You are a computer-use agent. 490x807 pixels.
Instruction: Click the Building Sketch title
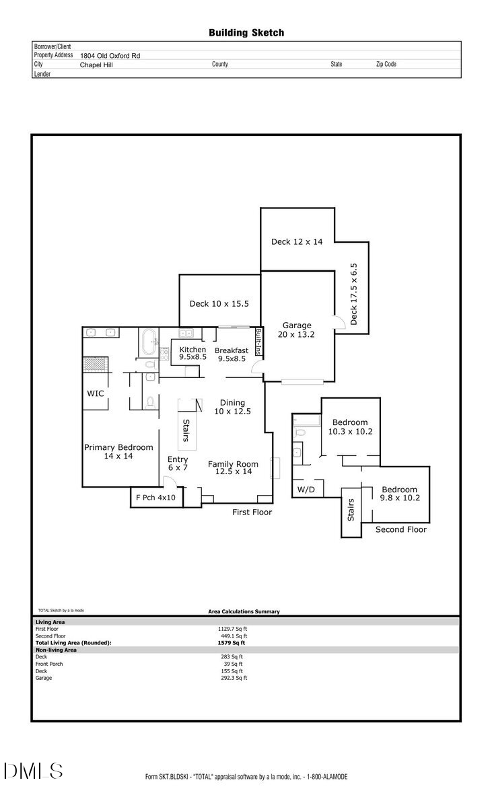(x=246, y=32)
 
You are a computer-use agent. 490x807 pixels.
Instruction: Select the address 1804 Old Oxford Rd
(x=111, y=56)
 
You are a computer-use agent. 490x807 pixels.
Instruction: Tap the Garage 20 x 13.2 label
(x=296, y=330)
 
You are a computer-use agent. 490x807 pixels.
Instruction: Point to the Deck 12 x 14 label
(x=297, y=241)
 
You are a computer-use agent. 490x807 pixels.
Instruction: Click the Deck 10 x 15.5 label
(x=219, y=304)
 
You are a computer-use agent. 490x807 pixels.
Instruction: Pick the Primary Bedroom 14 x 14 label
(x=118, y=451)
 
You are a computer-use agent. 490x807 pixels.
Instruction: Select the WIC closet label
(x=96, y=393)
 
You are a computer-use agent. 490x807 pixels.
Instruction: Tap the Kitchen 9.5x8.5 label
(x=193, y=354)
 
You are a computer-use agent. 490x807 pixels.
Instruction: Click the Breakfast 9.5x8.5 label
(x=231, y=354)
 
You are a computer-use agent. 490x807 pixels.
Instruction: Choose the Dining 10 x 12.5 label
(x=230, y=407)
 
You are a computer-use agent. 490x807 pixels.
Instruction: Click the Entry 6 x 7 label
(x=178, y=463)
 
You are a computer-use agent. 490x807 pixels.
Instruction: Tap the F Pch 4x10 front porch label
(x=155, y=498)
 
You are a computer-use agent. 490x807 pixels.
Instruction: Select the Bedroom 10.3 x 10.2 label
(x=349, y=427)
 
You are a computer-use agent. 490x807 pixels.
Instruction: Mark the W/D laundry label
(x=306, y=489)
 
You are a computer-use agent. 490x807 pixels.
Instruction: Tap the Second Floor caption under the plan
(x=400, y=529)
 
